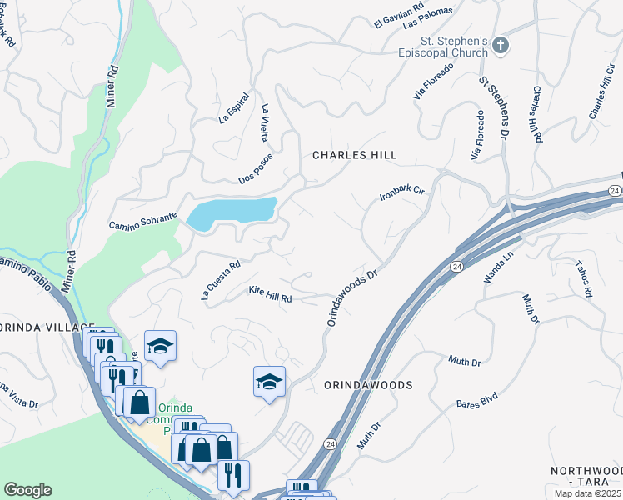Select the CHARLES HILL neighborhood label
tap(354, 155)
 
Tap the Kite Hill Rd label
tap(270, 294)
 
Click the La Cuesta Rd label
tap(220, 280)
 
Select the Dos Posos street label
tap(256, 168)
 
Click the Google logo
tap(27, 490)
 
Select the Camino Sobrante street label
tap(142, 222)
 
